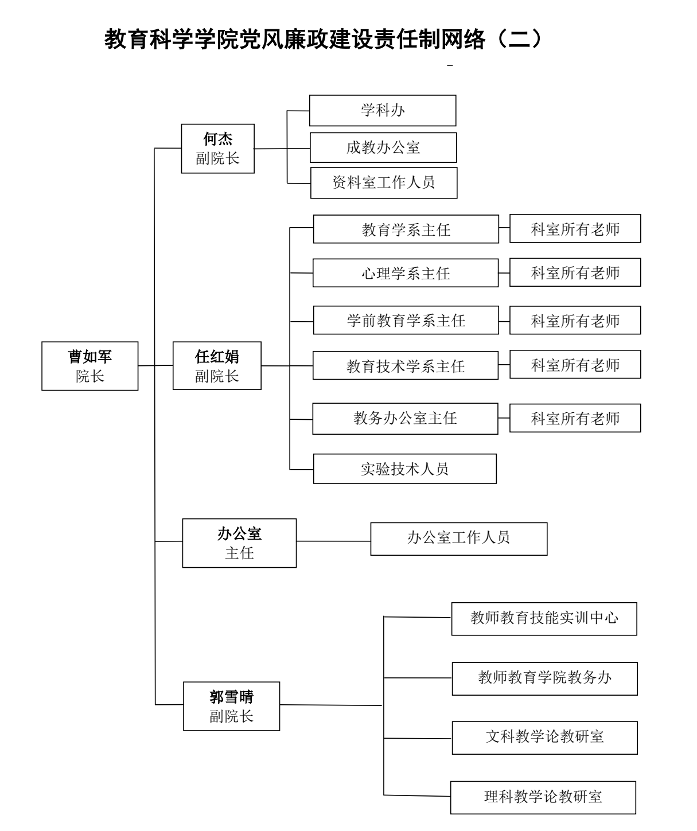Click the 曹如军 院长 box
90,366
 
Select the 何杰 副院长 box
217,149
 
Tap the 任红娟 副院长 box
217,366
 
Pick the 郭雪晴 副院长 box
231,706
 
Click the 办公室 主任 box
239,543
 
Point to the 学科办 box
383,111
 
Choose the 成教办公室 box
383,148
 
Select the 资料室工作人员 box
384,183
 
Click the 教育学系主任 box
406,229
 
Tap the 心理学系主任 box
406,273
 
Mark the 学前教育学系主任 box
406,320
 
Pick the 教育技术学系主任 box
406,366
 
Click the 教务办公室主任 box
405,419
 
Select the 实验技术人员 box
404,469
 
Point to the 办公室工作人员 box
459,539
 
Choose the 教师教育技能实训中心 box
544,619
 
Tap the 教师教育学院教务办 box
544,678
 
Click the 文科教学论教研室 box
544,738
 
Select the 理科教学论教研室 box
543,797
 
